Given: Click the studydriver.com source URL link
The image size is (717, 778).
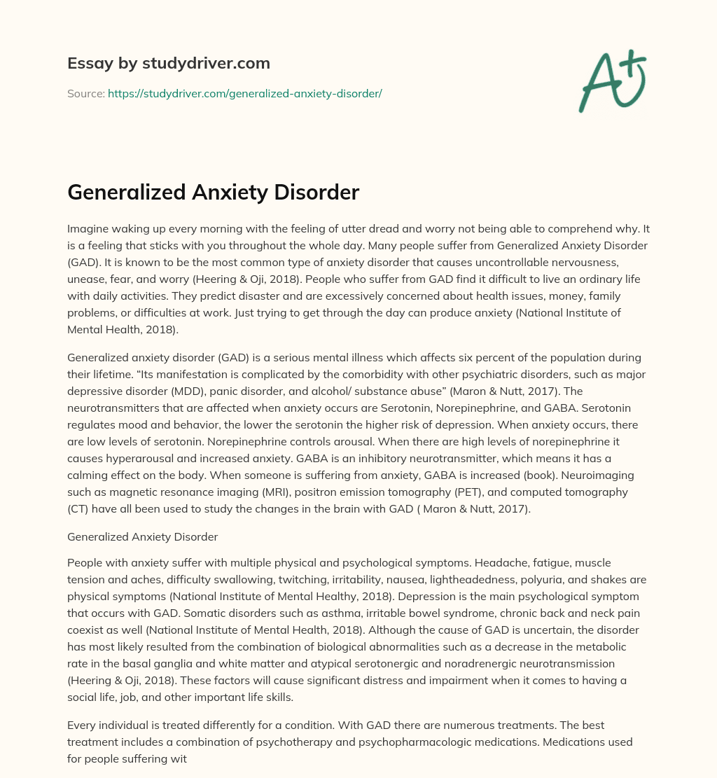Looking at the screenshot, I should click(244, 93).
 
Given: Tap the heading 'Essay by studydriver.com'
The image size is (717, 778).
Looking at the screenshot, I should click(168, 63).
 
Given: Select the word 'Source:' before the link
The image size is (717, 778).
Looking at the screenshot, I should click(85, 93).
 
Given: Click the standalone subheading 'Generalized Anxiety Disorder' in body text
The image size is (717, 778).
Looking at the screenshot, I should click(142, 537).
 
